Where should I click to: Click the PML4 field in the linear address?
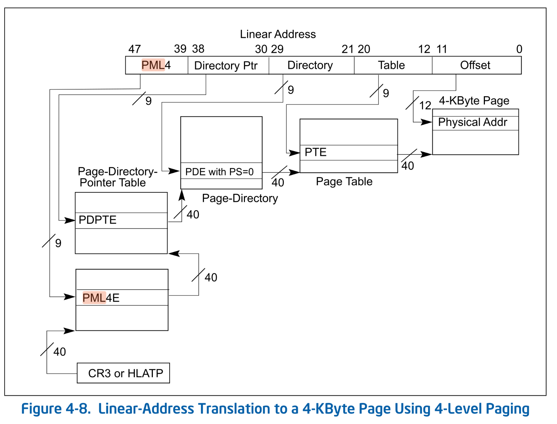click(x=156, y=65)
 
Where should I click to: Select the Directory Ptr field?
click(x=226, y=66)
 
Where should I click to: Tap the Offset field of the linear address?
click(x=475, y=65)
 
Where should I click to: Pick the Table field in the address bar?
click(x=391, y=65)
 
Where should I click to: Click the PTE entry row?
click(x=348, y=153)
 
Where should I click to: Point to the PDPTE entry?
click(x=121, y=220)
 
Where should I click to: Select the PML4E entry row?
click(x=122, y=297)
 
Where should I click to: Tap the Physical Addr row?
click(x=475, y=123)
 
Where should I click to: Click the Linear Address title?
click(x=278, y=34)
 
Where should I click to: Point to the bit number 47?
click(x=135, y=49)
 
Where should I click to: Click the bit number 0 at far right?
click(x=519, y=49)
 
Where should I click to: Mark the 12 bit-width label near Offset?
click(x=425, y=105)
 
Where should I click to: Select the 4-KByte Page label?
click(x=474, y=101)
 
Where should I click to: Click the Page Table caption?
click(x=344, y=182)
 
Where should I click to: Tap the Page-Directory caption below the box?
click(x=240, y=198)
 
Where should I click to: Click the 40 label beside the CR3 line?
click(x=60, y=352)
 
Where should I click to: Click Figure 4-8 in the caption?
click(x=55, y=409)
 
